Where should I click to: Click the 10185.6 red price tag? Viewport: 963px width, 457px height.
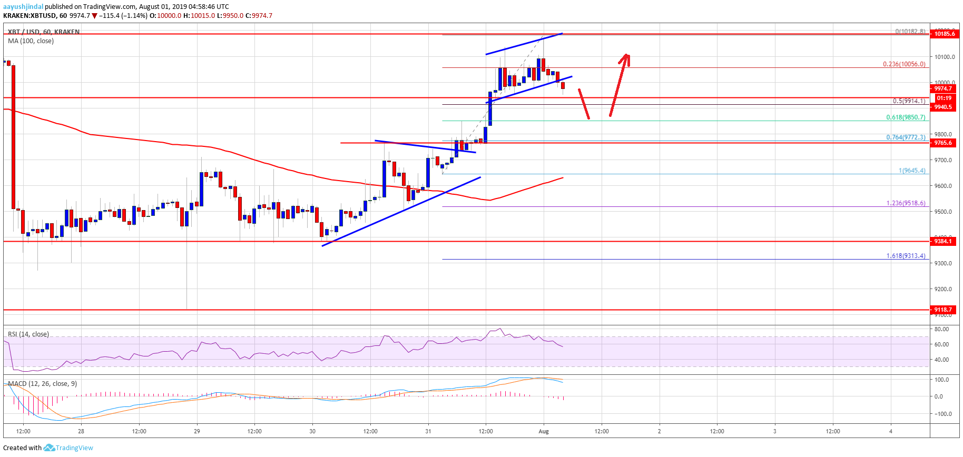[945, 34]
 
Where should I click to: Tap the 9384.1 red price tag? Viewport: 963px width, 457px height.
[943, 241]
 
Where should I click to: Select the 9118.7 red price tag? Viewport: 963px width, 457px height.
[943, 310]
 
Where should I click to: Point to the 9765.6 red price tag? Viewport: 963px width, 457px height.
[943, 143]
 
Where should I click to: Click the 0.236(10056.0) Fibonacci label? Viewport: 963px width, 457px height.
[904, 64]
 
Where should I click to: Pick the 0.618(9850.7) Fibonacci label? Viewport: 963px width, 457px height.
[906, 117]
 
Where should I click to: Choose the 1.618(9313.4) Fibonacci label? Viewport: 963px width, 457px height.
[906, 256]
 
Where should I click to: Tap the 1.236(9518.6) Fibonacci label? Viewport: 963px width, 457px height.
[906, 203]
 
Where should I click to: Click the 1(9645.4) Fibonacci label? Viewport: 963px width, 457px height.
[912, 171]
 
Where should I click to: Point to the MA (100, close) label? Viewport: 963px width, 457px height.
[31, 41]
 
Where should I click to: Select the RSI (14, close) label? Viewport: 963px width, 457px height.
[28, 334]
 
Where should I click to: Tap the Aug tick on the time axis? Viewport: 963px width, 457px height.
[544, 431]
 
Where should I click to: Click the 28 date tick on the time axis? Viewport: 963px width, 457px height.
[81, 431]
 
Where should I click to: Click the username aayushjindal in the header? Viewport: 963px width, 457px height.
[23, 7]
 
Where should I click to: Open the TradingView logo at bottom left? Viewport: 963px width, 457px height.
[68, 448]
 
